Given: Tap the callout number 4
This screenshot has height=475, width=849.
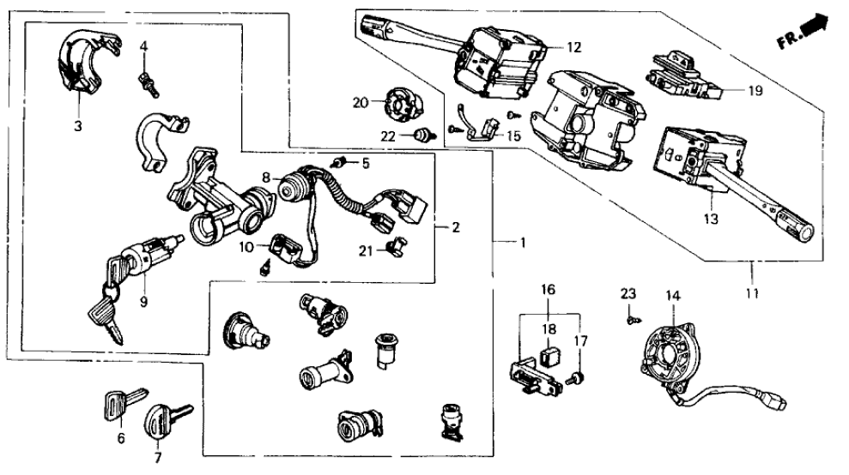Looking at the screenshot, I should pyautogui.click(x=145, y=45).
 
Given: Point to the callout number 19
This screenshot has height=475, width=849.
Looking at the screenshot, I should pyautogui.click(x=755, y=89).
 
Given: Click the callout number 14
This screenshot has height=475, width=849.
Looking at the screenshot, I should pyautogui.click(x=672, y=297).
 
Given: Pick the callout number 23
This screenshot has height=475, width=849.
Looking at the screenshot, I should pyautogui.click(x=628, y=294).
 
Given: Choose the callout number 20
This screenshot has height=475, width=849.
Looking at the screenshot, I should pyautogui.click(x=360, y=103).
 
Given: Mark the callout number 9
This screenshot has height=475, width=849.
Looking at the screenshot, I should pyautogui.click(x=144, y=301).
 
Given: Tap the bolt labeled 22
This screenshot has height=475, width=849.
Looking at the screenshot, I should pyautogui.click(x=421, y=135).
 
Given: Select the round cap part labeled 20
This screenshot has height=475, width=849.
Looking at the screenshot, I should pyautogui.click(x=400, y=105).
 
